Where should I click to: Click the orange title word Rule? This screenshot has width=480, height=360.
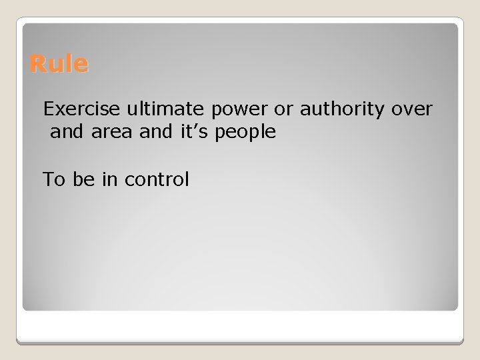(59, 65)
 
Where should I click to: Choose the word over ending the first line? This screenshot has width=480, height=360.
(412, 108)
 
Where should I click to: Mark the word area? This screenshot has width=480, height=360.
(112, 133)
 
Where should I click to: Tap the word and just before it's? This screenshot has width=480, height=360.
(157, 132)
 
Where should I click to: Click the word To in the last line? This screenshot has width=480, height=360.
(53, 179)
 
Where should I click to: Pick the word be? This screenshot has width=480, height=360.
(83, 179)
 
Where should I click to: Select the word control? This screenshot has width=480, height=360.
(157, 179)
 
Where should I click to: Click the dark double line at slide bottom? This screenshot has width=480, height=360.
(240, 341)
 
